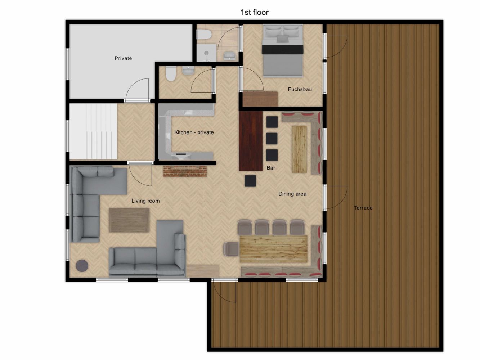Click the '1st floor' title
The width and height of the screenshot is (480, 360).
click(x=254, y=12)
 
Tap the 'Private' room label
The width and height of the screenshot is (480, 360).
click(x=123, y=58)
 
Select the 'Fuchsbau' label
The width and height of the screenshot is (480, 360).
click(x=300, y=89)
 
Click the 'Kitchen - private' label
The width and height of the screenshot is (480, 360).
click(x=194, y=132)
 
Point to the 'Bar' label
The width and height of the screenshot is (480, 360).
click(x=271, y=168)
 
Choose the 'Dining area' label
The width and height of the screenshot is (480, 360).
click(x=292, y=194)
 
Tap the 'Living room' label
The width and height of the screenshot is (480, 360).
click(x=145, y=201)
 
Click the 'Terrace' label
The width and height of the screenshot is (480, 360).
click(x=363, y=208)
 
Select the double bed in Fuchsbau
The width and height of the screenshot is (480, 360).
click(x=283, y=50)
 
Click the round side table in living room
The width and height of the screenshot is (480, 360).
click(x=82, y=266)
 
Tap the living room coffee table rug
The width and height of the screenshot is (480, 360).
click(x=129, y=220)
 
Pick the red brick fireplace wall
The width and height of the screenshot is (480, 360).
click(x=185, y=171)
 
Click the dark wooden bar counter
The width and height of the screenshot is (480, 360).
click(x=251, y=141)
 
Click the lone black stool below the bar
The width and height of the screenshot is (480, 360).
click(x=250, y=181)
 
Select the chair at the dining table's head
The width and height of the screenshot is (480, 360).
click(x=231, y=249)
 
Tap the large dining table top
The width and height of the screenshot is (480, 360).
click(x=274, y=249)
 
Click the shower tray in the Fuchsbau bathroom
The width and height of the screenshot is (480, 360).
click(x=206, y=53)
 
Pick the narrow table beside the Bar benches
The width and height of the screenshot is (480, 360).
click(x=299, y=149)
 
